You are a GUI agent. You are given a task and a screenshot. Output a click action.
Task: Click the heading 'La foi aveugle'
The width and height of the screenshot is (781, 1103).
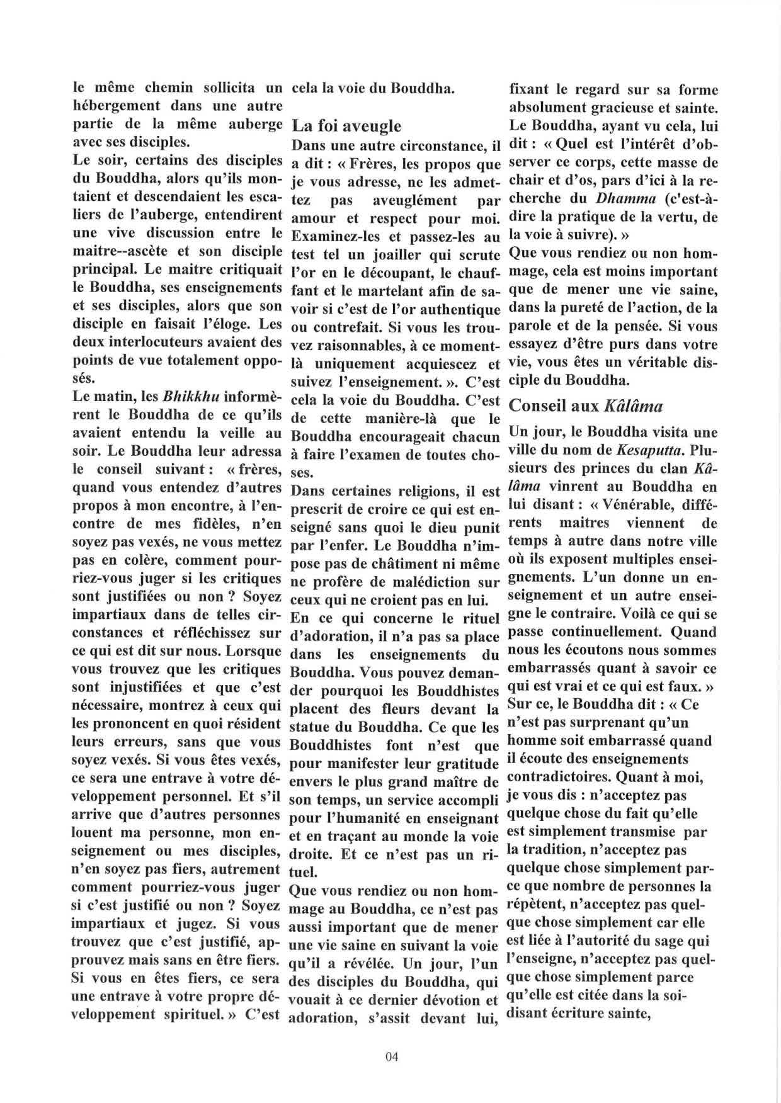(346, 126)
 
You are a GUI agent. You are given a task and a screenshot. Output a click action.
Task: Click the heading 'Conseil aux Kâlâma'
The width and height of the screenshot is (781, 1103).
(586, 405)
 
